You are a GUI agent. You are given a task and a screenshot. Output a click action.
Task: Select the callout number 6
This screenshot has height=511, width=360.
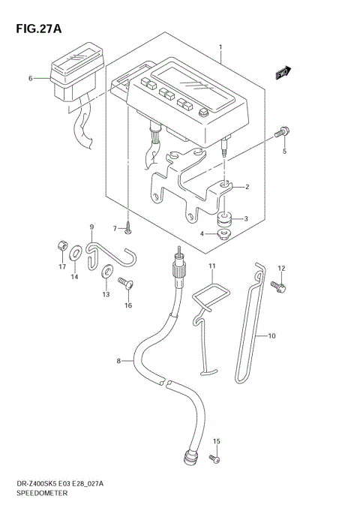coord(31,78)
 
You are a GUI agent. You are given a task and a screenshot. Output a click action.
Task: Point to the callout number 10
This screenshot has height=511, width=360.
coord(272,336)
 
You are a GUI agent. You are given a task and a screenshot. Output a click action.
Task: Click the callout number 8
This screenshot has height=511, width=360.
coord(118,362)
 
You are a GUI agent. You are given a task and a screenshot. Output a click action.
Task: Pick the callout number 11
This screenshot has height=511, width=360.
coord(212,267)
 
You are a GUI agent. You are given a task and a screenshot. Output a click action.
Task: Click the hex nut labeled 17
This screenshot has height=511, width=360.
coord(62,246)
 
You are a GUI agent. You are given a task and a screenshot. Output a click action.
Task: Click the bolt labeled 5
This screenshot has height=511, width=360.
coord(280,133)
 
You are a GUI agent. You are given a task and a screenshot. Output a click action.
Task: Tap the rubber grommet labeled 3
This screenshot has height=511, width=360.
coord(223,220)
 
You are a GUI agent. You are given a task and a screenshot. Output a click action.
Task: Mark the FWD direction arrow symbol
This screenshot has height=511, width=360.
coord(282,73)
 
